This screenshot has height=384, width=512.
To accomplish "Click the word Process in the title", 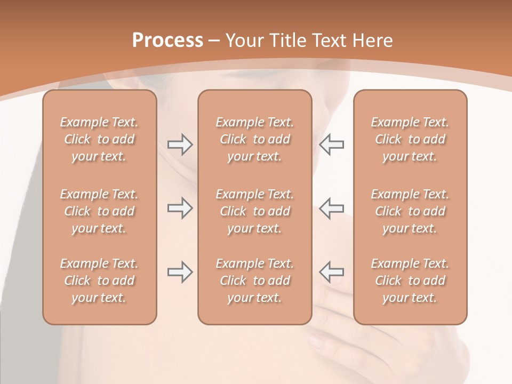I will (x=167, y=41).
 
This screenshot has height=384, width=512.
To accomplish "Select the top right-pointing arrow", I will (x=180, y=144).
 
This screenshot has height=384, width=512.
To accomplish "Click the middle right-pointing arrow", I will (x=180, y=208).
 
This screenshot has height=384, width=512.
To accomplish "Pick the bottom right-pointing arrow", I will (x=180, y=272).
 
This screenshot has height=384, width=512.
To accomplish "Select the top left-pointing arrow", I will (x=331, y=144).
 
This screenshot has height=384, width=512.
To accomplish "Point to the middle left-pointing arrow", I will (x=331, y=208).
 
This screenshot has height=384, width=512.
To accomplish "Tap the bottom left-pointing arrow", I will (x=331, y=272).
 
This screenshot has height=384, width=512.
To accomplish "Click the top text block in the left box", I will (x=99, y=139).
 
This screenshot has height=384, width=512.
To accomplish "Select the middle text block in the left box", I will (x=99, y=211).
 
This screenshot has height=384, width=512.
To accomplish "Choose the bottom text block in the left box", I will (x=99, y=281).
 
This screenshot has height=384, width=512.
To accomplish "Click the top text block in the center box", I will (x=255, y=139).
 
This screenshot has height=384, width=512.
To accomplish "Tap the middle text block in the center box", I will (x=255, y=211).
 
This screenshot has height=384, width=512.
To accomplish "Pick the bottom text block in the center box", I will (x=255, y=281).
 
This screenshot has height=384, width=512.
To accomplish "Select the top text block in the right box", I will (x=410, y=139).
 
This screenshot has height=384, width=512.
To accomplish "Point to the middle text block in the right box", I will (x=410, y=211).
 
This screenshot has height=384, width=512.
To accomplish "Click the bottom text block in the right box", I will (x=410, y=281).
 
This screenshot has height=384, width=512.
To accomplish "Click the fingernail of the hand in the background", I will (x=316, y=341).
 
